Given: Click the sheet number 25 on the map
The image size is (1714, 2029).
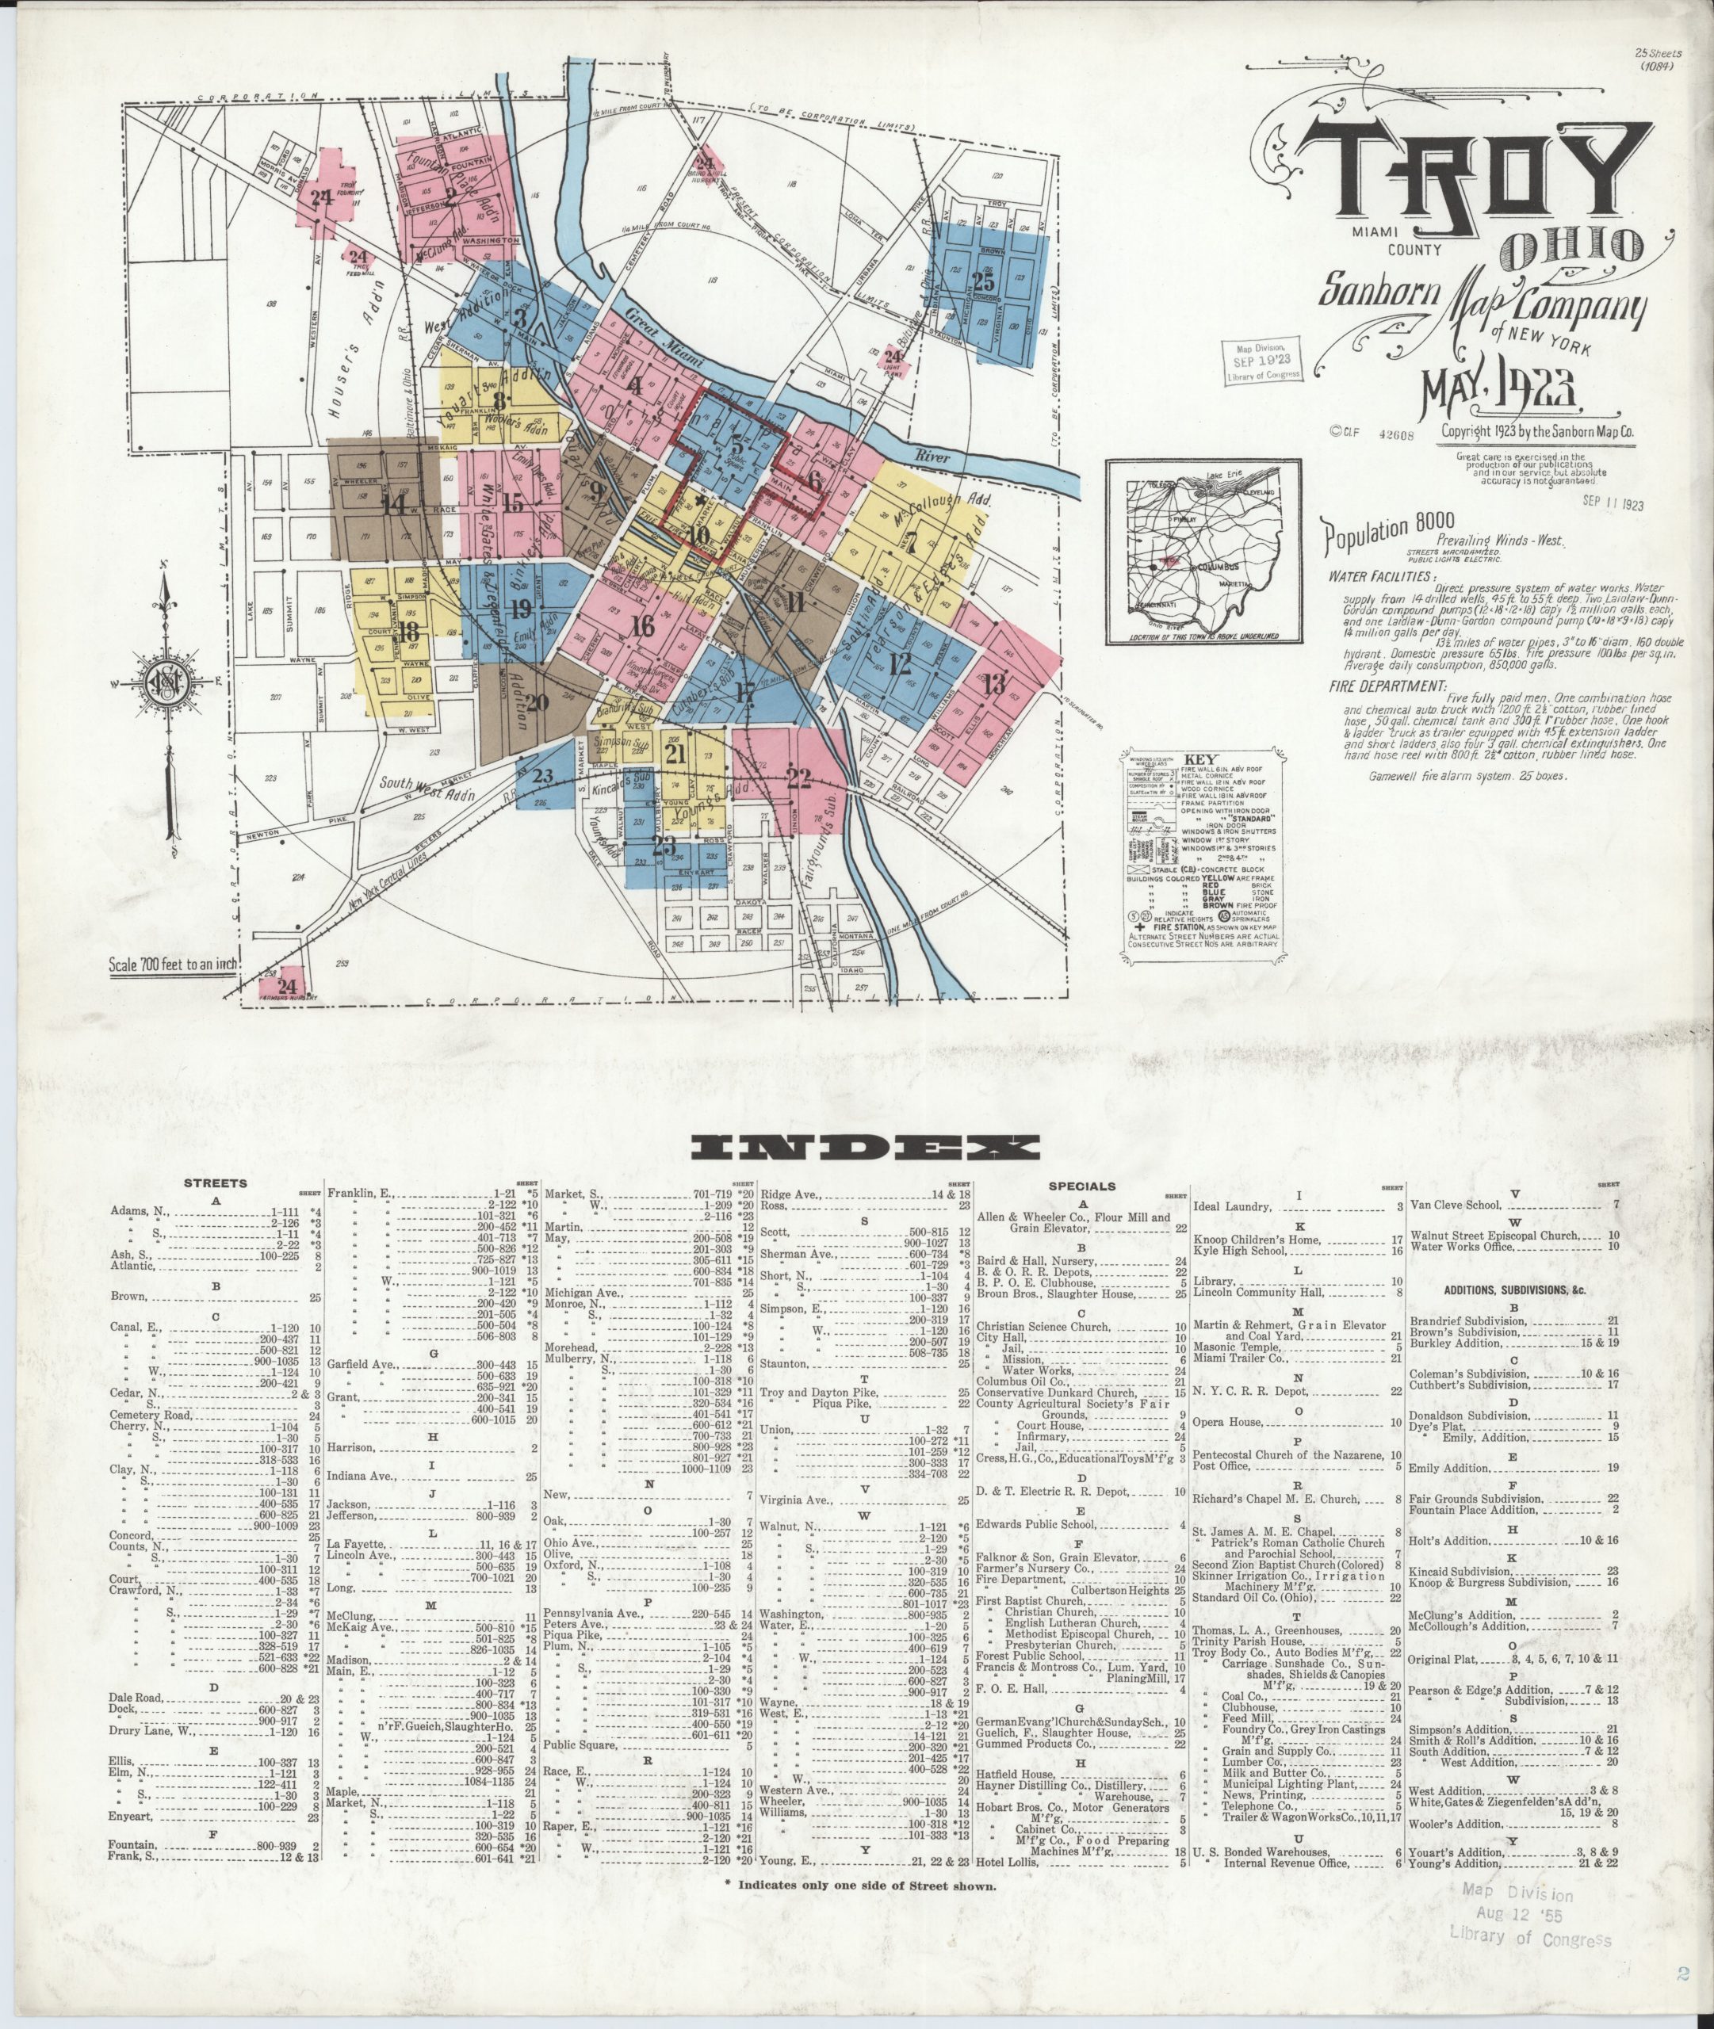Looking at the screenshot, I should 983,281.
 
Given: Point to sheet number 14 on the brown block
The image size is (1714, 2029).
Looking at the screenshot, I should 395,505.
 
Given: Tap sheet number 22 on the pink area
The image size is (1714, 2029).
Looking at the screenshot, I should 798,777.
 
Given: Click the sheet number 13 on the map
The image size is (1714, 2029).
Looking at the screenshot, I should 993,684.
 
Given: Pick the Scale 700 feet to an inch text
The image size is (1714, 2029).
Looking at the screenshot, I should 174,966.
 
